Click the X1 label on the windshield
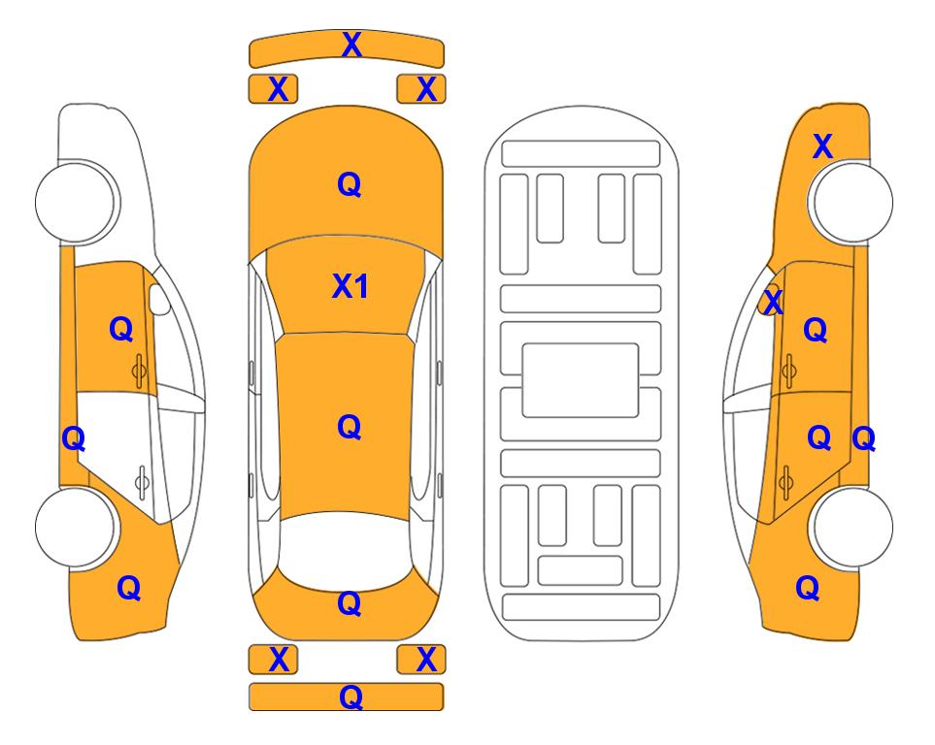pos(351,286)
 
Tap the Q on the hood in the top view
pos(350,184)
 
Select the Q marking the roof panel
pos(350,427)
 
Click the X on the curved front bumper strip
pos(351,45)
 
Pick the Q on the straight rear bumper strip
pos(351,696)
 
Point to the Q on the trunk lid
pos(350,603)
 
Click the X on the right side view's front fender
pos(822,146)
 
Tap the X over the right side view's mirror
pos(773,301)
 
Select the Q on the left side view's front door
pos(121,329)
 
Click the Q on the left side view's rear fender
pos(129,588)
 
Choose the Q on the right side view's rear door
pos(819,437)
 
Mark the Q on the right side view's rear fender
pos(808,588)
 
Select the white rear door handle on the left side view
pos(142,482)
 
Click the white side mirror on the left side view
pos(158,299)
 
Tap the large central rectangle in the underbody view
pos(581,380)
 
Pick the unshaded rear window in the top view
pos(346,548)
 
